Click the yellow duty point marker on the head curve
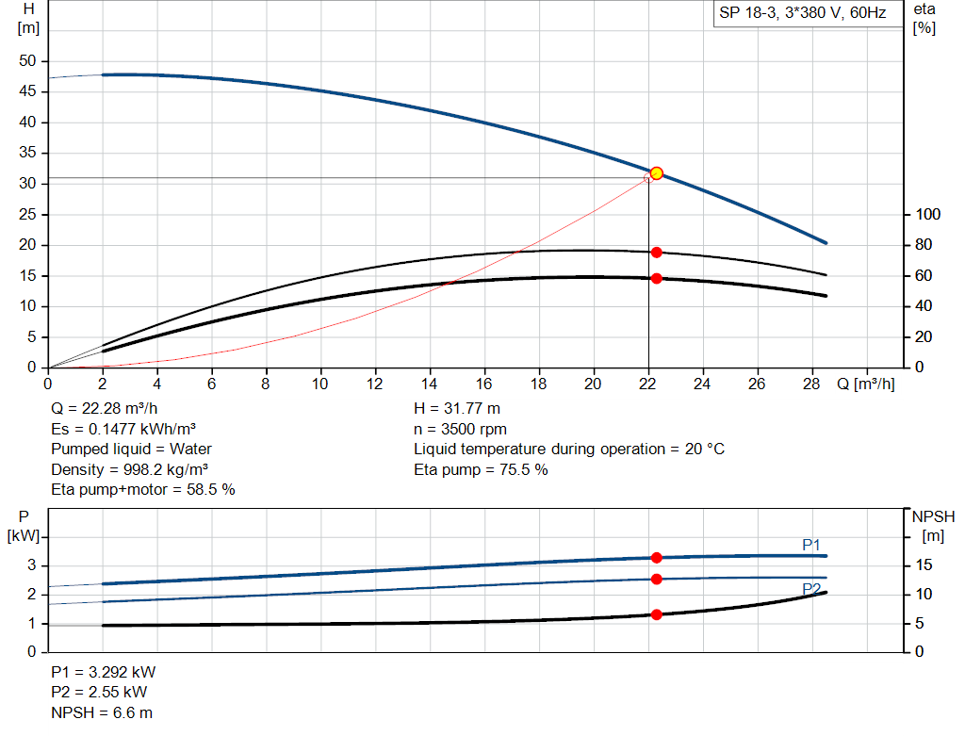pos(657,172)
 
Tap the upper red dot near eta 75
pos(657,253)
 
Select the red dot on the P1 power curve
pos(657,558)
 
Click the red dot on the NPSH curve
pos(657,614)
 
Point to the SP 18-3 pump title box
pos(802,14)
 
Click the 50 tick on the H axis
pos(27,61)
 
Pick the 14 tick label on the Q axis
pos(430,384)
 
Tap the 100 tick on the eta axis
pos(928,215)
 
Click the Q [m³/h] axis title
pos(865,384)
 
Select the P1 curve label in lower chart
pos(811,545)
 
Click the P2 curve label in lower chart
pos(811,588)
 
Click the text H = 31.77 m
pos(458,409)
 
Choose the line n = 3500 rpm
pos(460,429)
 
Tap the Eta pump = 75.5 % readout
pos(481,469)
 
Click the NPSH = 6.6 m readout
pos(102,712)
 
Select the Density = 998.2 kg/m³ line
pos(130,469)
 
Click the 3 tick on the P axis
pos(31,565)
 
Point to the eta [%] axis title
pos(924,18)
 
